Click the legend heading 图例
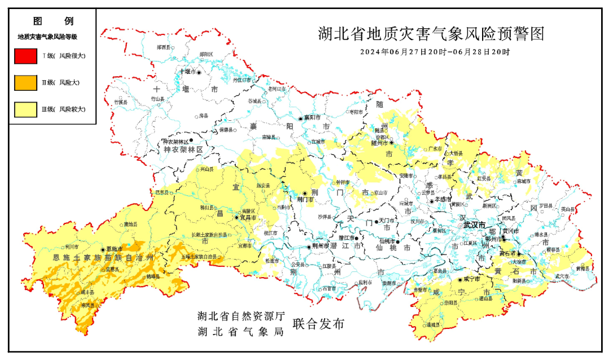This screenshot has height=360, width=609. tap(53, 21)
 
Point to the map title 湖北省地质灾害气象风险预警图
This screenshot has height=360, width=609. tap(431, 34)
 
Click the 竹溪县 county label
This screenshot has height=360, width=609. tap(121, 102)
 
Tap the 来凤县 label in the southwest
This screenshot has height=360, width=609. tap(87, 305)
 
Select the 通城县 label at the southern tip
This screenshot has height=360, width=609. tap(433, 325)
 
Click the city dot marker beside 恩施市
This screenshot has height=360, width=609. tap(103, 249)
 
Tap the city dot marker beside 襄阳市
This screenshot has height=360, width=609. tap(301, 118)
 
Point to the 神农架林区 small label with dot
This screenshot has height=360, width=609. tap(176, 141)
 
